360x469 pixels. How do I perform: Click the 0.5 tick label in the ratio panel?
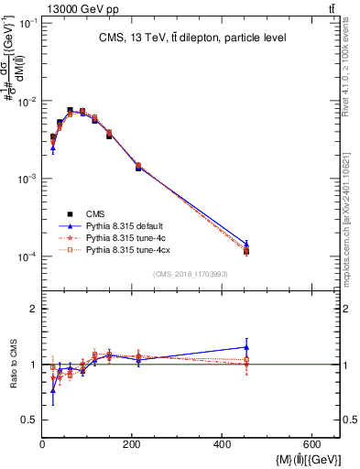[32, 420]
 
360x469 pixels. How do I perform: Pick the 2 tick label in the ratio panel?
[36, 310]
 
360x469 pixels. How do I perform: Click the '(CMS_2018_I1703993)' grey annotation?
[191, 274]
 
